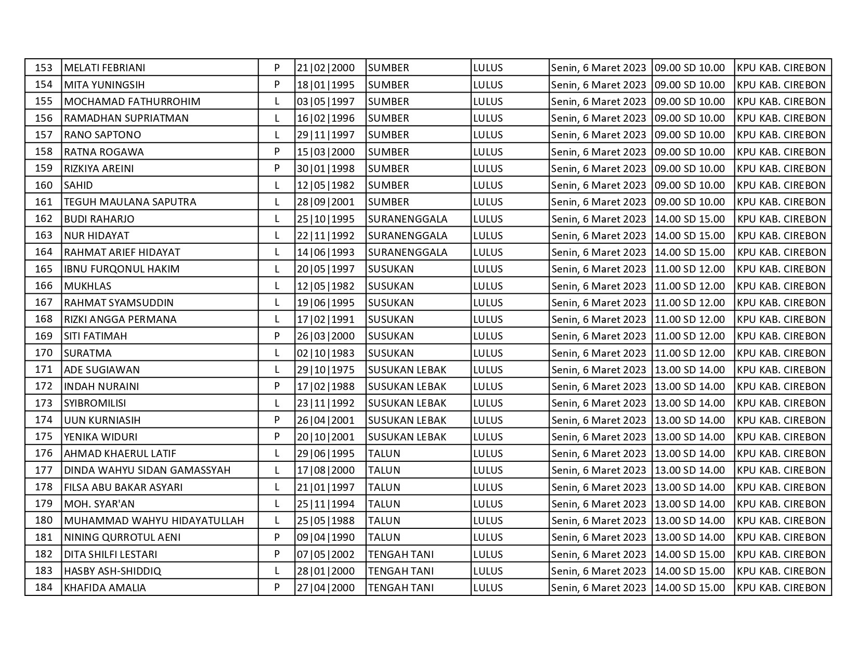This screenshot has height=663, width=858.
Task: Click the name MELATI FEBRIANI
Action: tap(105, 68)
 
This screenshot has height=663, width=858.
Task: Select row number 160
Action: tap(44, 185)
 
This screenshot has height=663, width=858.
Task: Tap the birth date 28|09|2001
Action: tap(326, 202)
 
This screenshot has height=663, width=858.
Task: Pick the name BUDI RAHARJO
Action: tap(99, 219)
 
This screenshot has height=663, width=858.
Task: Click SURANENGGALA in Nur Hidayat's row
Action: tap(408, 236)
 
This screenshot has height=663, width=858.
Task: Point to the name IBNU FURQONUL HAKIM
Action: tap(122, 269)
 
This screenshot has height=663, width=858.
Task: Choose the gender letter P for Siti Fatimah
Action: tap(277, 336)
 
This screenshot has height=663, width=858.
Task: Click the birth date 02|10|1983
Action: tap(326, 353)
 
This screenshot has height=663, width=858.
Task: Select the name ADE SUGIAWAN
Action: tap(102, 370)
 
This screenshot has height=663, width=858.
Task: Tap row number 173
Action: tap(44, 403)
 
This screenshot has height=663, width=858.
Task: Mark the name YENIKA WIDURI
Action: tap(101, 437)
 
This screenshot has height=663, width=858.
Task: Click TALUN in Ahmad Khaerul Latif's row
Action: tap(384, 453)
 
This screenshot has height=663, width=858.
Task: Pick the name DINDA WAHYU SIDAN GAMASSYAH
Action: tap(147, 470)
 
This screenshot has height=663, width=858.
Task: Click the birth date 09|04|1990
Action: tap(326, 537)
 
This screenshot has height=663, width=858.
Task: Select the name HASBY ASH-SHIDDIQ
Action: tap(112, 571)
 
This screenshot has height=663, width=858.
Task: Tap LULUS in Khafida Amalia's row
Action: tap(488, 588)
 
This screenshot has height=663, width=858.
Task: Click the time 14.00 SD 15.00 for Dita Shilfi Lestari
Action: tap(690, 554)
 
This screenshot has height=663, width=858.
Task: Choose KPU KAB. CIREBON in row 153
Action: tap(781, 68)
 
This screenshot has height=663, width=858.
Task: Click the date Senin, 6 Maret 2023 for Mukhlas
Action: tap(599, 286)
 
